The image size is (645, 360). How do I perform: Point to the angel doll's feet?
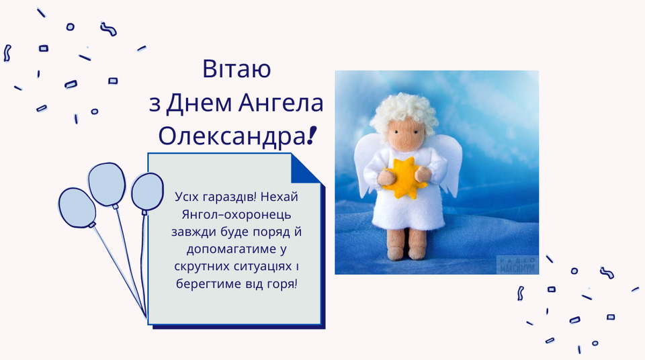(407, 252)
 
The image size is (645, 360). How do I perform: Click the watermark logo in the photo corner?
(517, 264)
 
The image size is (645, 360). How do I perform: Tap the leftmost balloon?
(77, 208)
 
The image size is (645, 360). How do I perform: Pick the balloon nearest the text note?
(147, 193)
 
